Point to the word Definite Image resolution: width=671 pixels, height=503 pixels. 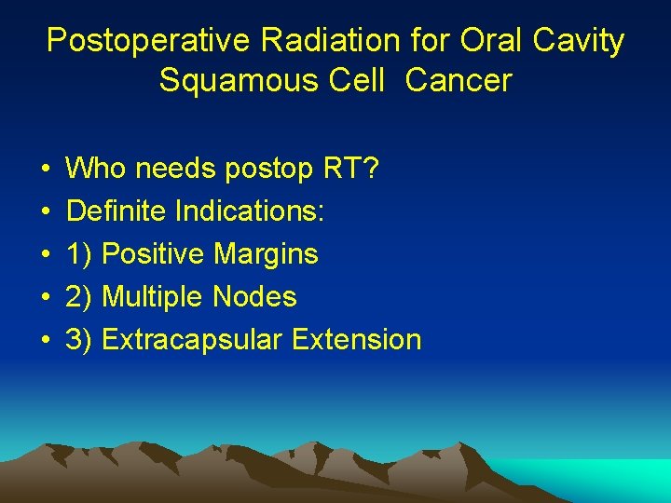116,211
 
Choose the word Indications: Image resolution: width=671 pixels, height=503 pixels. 250,211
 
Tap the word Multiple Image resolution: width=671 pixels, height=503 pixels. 153,297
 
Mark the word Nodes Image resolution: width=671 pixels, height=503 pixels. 254,297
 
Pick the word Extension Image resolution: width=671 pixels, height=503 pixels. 357,340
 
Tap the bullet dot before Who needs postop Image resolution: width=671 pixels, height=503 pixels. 45,170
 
